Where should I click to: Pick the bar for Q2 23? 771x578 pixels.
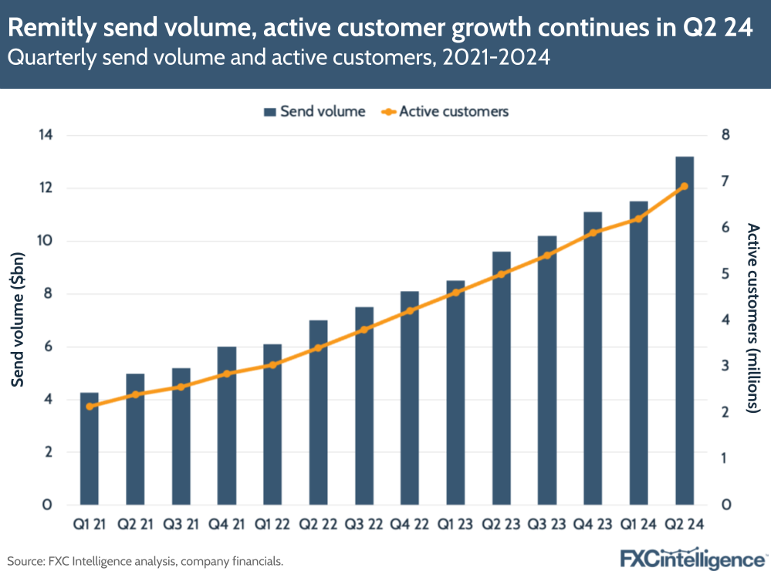502,378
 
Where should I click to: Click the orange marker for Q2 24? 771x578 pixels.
685,186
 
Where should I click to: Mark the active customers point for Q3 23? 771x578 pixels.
547,255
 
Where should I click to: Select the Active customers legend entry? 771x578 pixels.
445,111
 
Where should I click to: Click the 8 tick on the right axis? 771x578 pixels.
725,136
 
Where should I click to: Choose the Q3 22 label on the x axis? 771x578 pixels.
364,524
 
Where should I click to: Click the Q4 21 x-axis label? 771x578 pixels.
226,524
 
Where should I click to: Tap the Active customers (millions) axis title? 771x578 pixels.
752,319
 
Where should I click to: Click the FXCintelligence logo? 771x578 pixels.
693,558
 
